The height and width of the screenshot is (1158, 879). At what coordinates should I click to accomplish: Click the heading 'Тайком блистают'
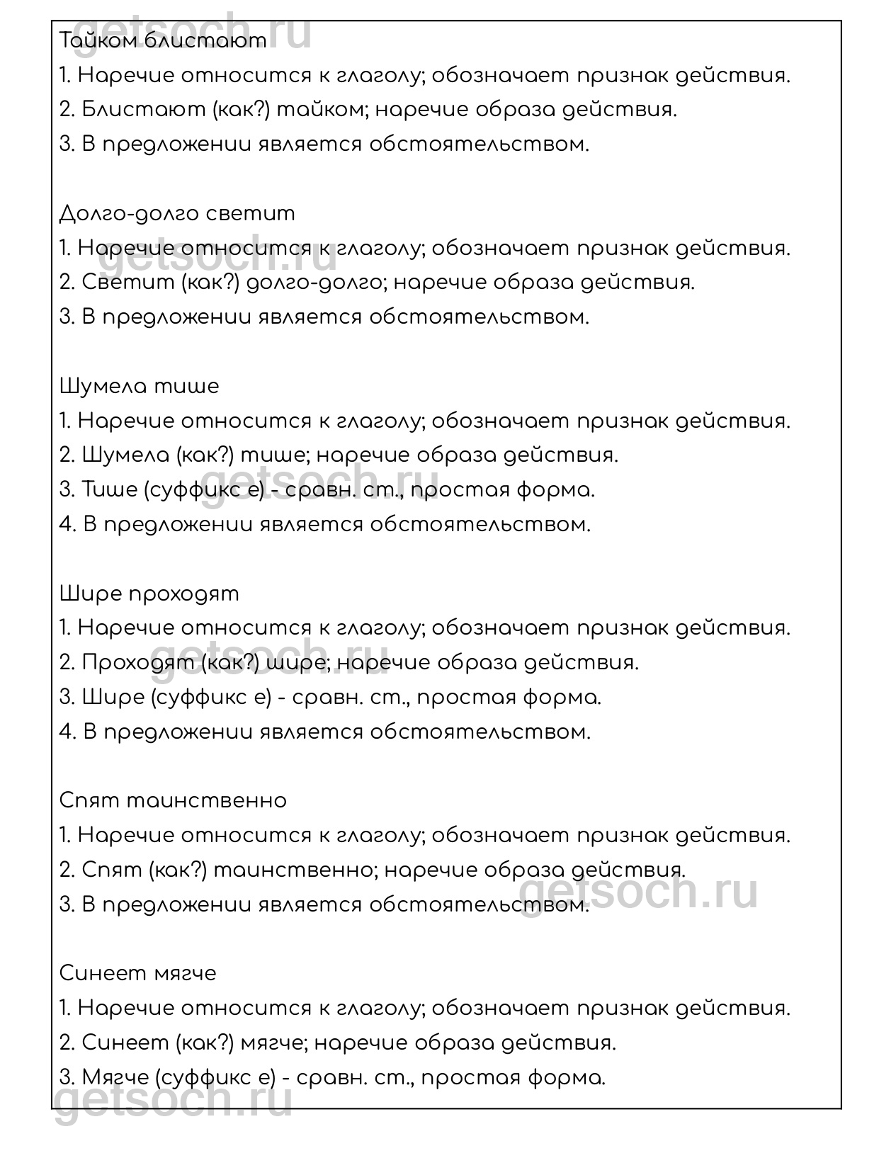point(163,41)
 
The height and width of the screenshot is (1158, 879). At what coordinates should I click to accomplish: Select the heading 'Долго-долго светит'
point(177,213)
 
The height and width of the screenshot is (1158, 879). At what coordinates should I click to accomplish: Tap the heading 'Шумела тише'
point(140,386)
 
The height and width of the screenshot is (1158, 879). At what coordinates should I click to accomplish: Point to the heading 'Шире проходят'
point(149,594)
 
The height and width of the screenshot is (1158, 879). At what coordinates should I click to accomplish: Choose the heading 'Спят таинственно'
point(174,800)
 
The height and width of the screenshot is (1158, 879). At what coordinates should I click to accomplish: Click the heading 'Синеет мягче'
point(138,973)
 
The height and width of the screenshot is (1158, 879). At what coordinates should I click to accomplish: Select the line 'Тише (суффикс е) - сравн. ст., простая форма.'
point(327,490)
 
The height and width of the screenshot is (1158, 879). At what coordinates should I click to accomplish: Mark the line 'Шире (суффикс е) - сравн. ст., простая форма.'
point(330,698)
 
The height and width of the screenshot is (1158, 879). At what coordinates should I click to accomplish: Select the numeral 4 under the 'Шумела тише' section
point(66,525)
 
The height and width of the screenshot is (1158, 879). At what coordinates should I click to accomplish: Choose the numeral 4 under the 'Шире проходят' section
point(66,732)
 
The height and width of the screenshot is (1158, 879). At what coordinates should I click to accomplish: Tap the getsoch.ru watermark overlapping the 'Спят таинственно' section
point(637,894)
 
